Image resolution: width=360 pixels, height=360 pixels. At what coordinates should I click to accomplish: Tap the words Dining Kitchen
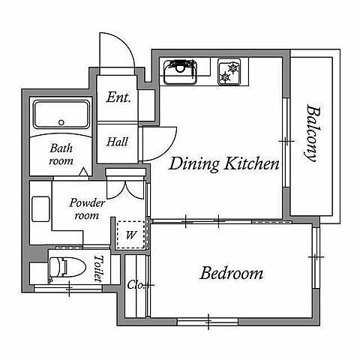(x=224, y=164)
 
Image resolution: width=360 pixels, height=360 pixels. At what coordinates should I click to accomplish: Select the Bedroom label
(x=232, y=273)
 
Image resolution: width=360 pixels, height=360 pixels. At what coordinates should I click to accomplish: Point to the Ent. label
(x=118, y=97)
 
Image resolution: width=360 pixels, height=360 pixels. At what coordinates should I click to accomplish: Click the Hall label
(x=117, y=142)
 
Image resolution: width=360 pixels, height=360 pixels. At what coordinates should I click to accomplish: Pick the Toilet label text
(x=98, y=268)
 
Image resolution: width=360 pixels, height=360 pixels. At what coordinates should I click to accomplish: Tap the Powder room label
(x=87, y=209)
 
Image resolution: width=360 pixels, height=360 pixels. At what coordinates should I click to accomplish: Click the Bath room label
(x=61, y=154)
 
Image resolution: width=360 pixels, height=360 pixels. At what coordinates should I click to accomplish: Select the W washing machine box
(x=130, y=235)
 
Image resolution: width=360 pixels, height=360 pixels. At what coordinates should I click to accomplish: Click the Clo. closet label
(x=135, y=285)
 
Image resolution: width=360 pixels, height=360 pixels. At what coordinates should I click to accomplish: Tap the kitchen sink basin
(x=180, y=72)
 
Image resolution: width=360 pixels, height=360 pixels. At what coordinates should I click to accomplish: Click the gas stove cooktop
(x=229, y=72)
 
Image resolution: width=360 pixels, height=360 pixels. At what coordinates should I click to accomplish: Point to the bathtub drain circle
(x=61, y=122)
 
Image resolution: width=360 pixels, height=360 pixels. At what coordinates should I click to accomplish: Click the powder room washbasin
(x=40, y=209)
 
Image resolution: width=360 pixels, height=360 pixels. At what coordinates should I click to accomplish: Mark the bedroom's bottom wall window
(x=208, y=322)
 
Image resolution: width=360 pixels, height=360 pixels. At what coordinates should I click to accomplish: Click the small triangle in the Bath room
(x=84, y=172)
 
